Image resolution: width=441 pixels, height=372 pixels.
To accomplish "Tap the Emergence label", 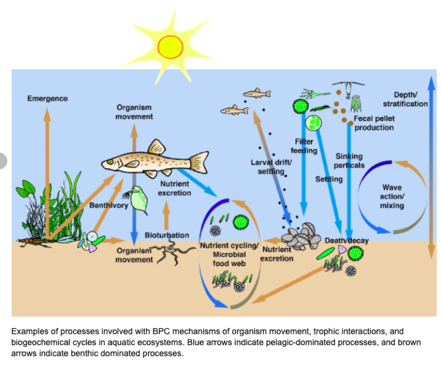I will (47, 98).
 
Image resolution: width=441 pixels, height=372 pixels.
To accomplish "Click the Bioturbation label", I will (167, 235).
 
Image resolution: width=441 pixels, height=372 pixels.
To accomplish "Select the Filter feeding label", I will (304, 146).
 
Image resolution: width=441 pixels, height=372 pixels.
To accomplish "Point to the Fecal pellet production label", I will (374, 123).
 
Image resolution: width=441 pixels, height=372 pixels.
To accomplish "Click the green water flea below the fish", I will (138, 199).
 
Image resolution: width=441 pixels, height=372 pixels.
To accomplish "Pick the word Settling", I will (329, 179).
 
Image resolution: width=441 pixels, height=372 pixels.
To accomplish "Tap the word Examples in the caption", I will (28, 331).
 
